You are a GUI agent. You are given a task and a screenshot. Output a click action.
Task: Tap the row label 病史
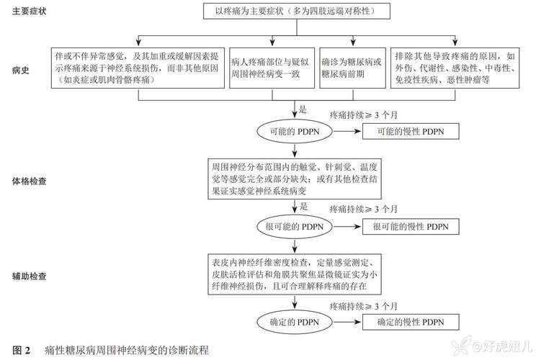click(x=21, y=71)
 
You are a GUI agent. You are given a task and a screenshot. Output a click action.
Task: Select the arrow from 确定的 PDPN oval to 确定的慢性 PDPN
click(x=348, y=321)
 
